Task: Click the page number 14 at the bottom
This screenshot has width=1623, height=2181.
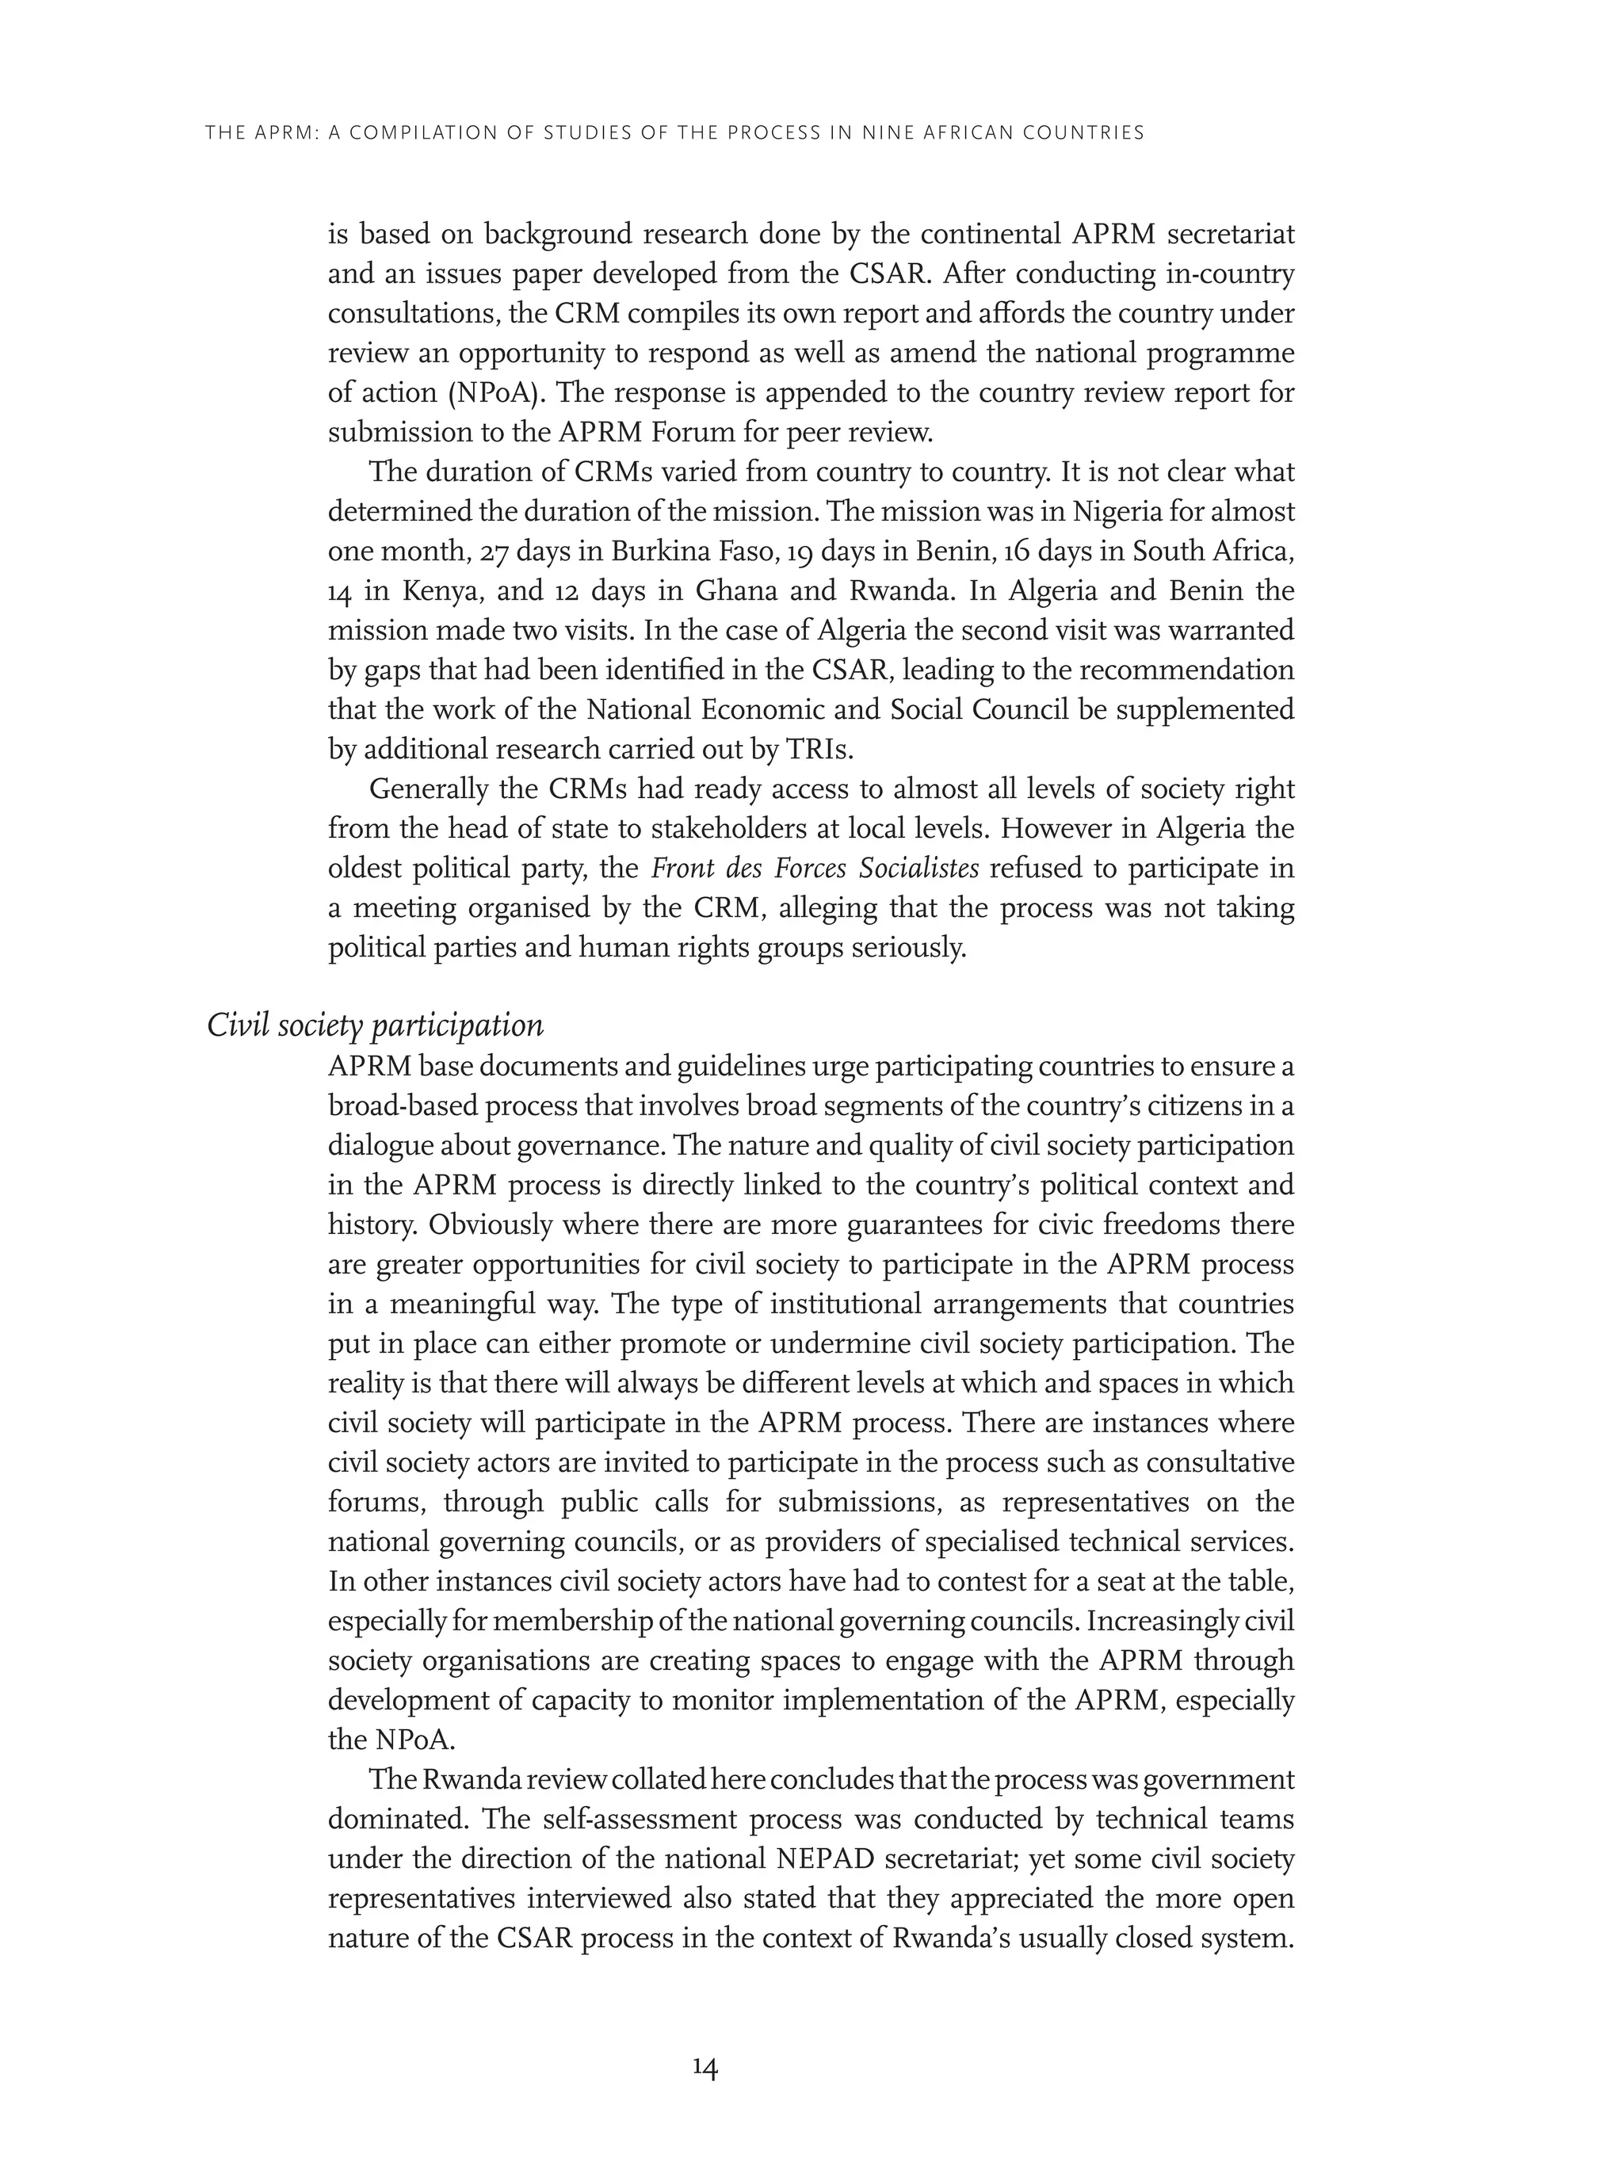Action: [x=705, y=2068]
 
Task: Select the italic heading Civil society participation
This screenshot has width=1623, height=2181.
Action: [x=374, y=1026]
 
